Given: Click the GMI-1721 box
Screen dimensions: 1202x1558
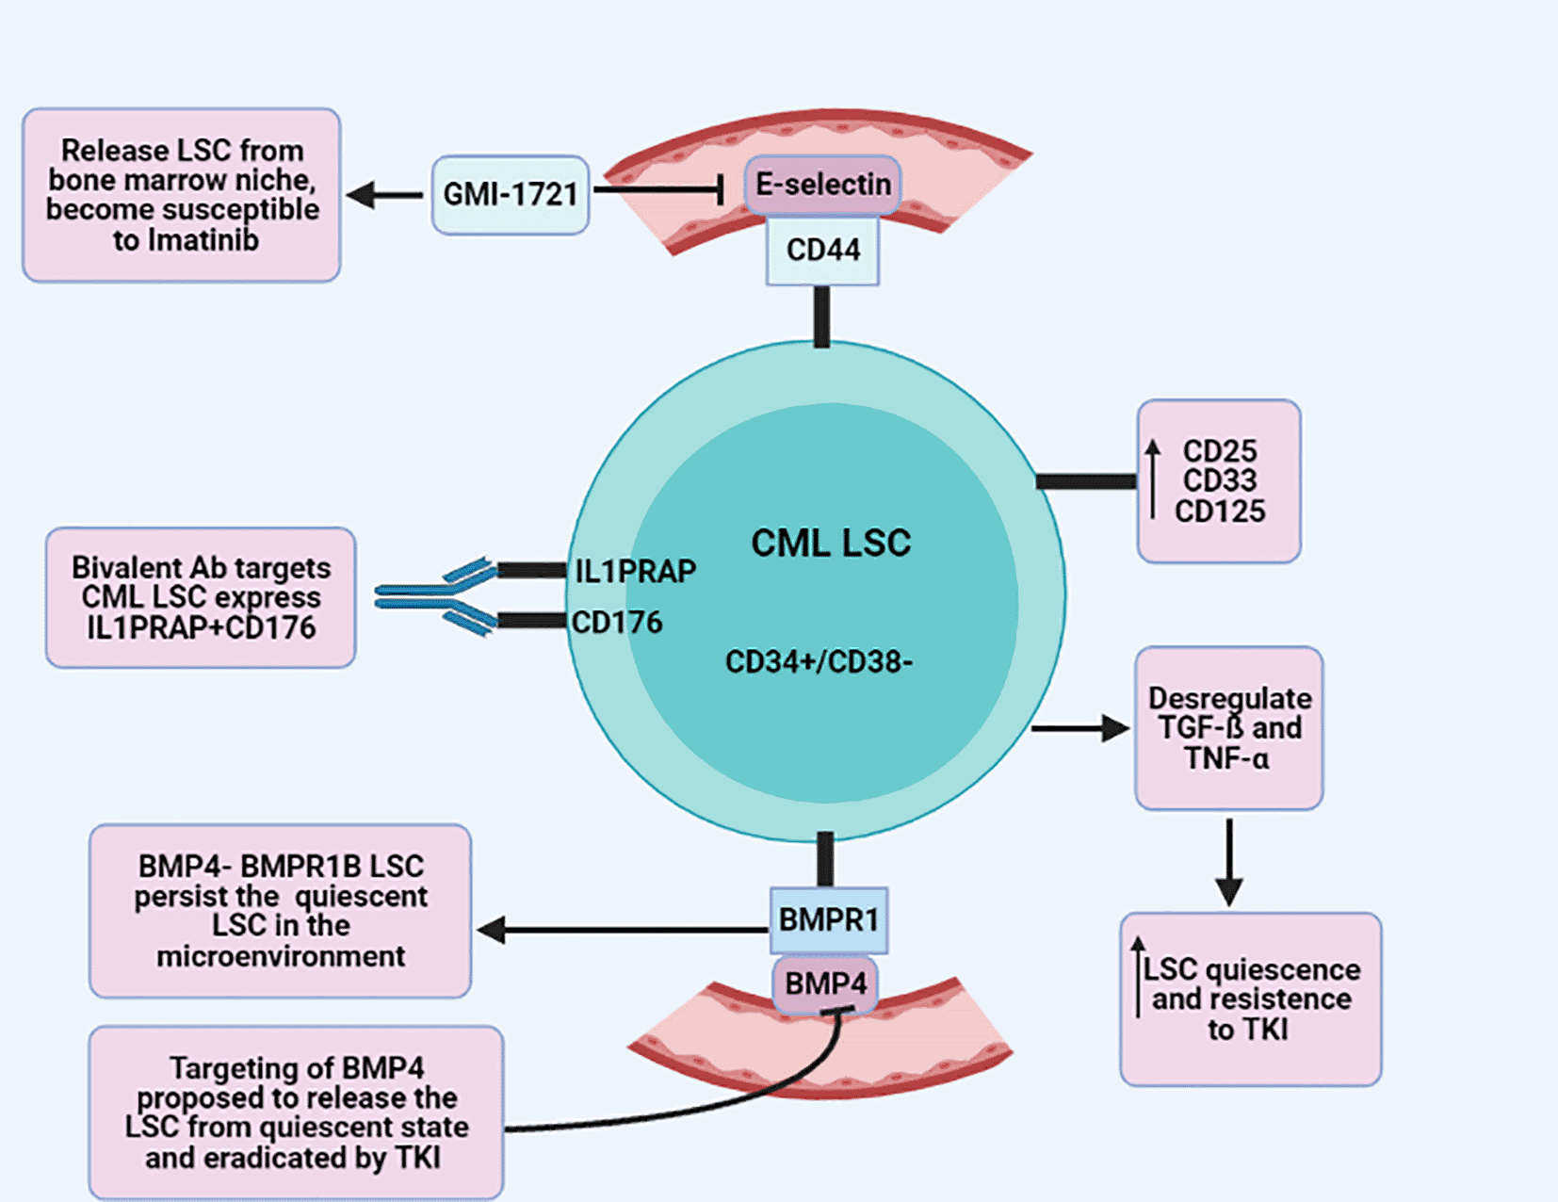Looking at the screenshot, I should click(x=511, y=195).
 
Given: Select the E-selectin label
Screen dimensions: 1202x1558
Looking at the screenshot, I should click(x=822, y=185).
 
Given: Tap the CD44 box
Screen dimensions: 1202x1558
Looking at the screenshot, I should click(x=822, y=251).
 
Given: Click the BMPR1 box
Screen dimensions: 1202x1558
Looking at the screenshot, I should click(x=828, y=919).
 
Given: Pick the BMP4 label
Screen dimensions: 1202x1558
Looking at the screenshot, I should click(x=825, y=984).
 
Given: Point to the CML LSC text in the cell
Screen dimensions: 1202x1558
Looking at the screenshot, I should click(x=830, y=543).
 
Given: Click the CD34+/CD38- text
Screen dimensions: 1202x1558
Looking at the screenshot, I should click(x=819, y=662).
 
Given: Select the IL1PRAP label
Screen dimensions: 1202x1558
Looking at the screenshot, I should click(x=635, y=571).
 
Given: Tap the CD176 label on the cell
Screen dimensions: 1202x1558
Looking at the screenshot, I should click(x=617, y=623).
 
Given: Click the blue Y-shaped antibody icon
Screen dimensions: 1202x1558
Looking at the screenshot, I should click(x=435, y=596).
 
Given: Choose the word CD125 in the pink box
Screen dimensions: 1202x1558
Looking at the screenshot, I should click(x=1220, y=512).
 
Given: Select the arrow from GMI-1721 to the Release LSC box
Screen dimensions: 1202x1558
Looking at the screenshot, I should click(x=384, y=195).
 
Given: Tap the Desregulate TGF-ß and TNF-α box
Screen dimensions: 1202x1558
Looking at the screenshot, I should click(x=1228, y=727).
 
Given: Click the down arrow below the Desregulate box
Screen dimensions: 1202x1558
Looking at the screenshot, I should click(x=1228, y=862).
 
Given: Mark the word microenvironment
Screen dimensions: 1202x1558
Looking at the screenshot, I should click(x=281, y=957).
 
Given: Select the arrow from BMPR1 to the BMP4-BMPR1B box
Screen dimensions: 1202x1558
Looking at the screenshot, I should click(x=622, y=931).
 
